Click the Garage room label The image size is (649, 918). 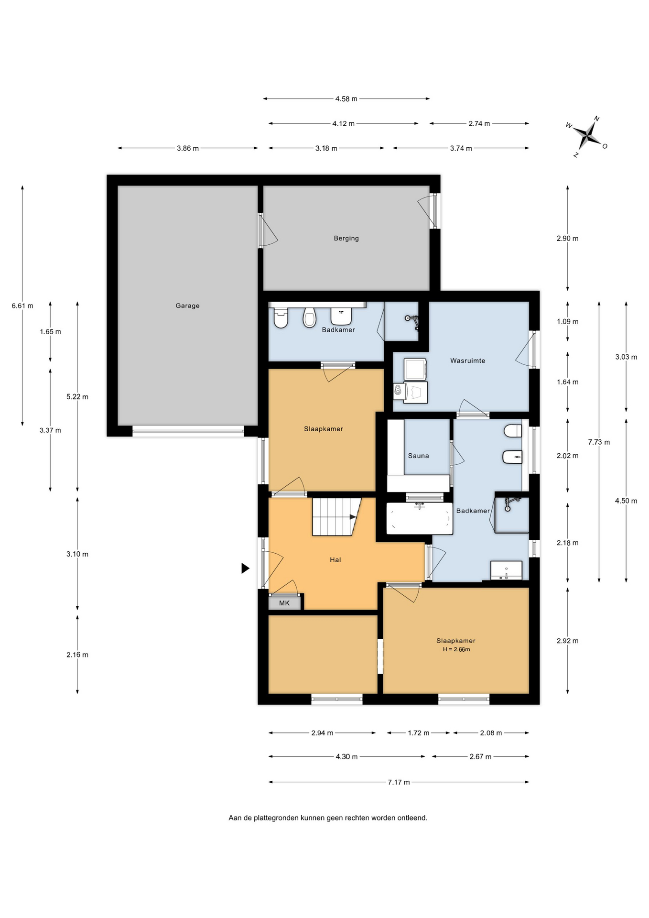click(x=187, y=306)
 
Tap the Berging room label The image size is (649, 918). click(x=346, y=238)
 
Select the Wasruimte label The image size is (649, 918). click(x=467, y=361)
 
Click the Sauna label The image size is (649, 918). click(x=418, y=456)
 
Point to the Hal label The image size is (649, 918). click(x=335, y=559)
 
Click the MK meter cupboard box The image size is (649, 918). click(x=284, y=602)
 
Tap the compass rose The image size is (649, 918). click(x=587, y=136)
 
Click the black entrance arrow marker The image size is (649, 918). click(x=245, y=568)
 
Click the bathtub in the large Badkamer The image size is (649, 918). click(x=419, y=518)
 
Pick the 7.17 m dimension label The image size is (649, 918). click(x=399, y=782)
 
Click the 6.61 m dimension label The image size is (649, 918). click(x=22, y=306)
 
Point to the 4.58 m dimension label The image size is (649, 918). click(x=346, y=99)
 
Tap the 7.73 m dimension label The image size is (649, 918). click(x=599, y=442)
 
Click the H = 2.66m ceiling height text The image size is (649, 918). click(x=456, y=649)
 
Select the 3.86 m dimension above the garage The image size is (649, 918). click(x=188, y=148)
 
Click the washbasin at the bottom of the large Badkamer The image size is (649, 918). click(x=506, y=570)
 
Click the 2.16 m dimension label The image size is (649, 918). click(x=77, y=655)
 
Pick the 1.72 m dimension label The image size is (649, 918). click(x=418, y=732)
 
